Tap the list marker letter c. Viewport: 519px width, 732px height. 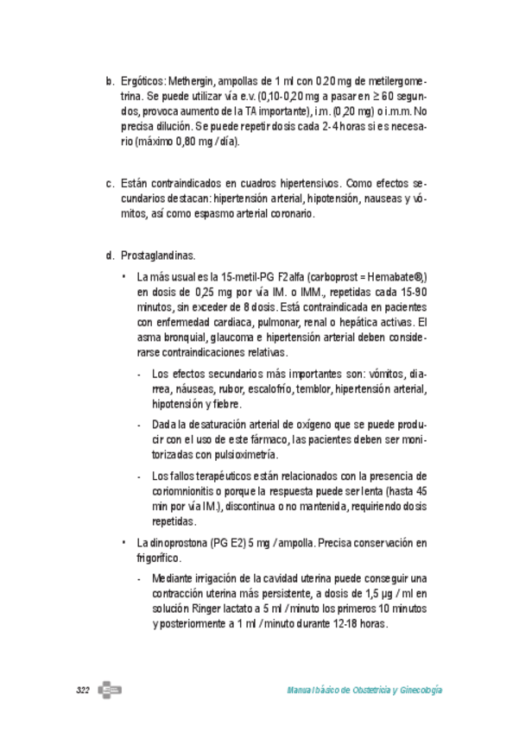[x=110, y=183]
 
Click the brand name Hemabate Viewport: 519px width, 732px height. [x=394, y=276]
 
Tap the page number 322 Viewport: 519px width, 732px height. [x=83, y=691]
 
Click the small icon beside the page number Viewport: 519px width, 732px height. [x=109, y=690]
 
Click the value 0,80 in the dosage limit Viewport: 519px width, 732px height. [x=178, y=142]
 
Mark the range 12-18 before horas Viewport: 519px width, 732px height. [x=346, y=624]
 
